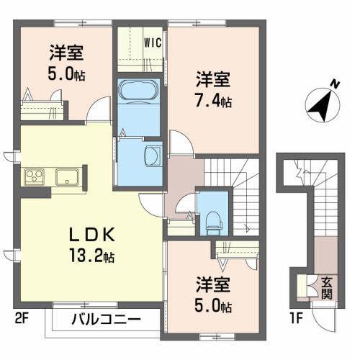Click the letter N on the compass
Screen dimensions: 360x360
coord(334,84)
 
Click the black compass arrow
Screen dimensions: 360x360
coord(319,106)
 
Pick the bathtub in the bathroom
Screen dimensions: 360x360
coord(137,94)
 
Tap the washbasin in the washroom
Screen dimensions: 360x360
coord(152,156)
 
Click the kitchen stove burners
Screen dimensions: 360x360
coord(34,176)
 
